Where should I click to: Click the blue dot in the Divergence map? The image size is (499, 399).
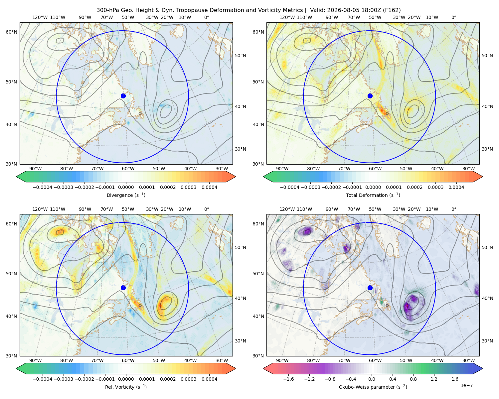pyautogui.click(x=123, y=96)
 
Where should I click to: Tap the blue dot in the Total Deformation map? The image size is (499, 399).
pyautogui.click(x=370, y=96)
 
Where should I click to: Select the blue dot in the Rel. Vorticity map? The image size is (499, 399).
pyautogui.click(x=123, y=288)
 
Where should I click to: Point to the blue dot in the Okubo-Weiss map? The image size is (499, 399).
pyautogui.click(x=370, y=288)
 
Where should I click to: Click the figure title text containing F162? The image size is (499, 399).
pyautogui.click(x=249, y=10)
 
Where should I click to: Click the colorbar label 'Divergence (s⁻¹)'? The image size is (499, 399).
pyautogui.click(x=126, y=195)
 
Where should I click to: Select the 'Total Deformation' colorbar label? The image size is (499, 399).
pyautogui.click(x=373, y=195)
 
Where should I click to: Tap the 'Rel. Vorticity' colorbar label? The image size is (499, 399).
pyautogui.click(x=126, y=387)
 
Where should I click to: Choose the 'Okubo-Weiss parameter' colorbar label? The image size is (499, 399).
pyautogui.click(x=373, y=387)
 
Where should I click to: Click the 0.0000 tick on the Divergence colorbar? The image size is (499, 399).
pyautogui.click(x=126, y=187)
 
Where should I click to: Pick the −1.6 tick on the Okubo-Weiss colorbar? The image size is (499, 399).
pyautogui.click(x=288, y=379)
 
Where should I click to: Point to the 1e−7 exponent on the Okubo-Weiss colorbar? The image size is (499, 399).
pyautogui.click(x=466, y=385)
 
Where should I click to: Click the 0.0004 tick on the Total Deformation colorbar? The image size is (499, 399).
pyautogui.click(x=456, y=187)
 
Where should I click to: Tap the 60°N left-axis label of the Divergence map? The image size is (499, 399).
pyautogui.click(x=11, y=32)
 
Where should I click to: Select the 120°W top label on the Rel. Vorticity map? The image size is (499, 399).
pyautogui.click(x=40, y=209)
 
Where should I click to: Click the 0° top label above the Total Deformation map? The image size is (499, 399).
pyautogui.click(x=453, y=17)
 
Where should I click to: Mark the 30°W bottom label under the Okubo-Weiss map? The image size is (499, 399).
pyautogui.click(x=469, y=360)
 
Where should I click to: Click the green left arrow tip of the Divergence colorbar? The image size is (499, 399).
pyautogui.click(x=16, y=177)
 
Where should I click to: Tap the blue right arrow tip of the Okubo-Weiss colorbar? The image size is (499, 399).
pyautogui.click(x=483, y=368)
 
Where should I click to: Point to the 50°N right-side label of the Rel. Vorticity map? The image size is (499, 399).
pyautogui.click(x=241, y=247)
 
